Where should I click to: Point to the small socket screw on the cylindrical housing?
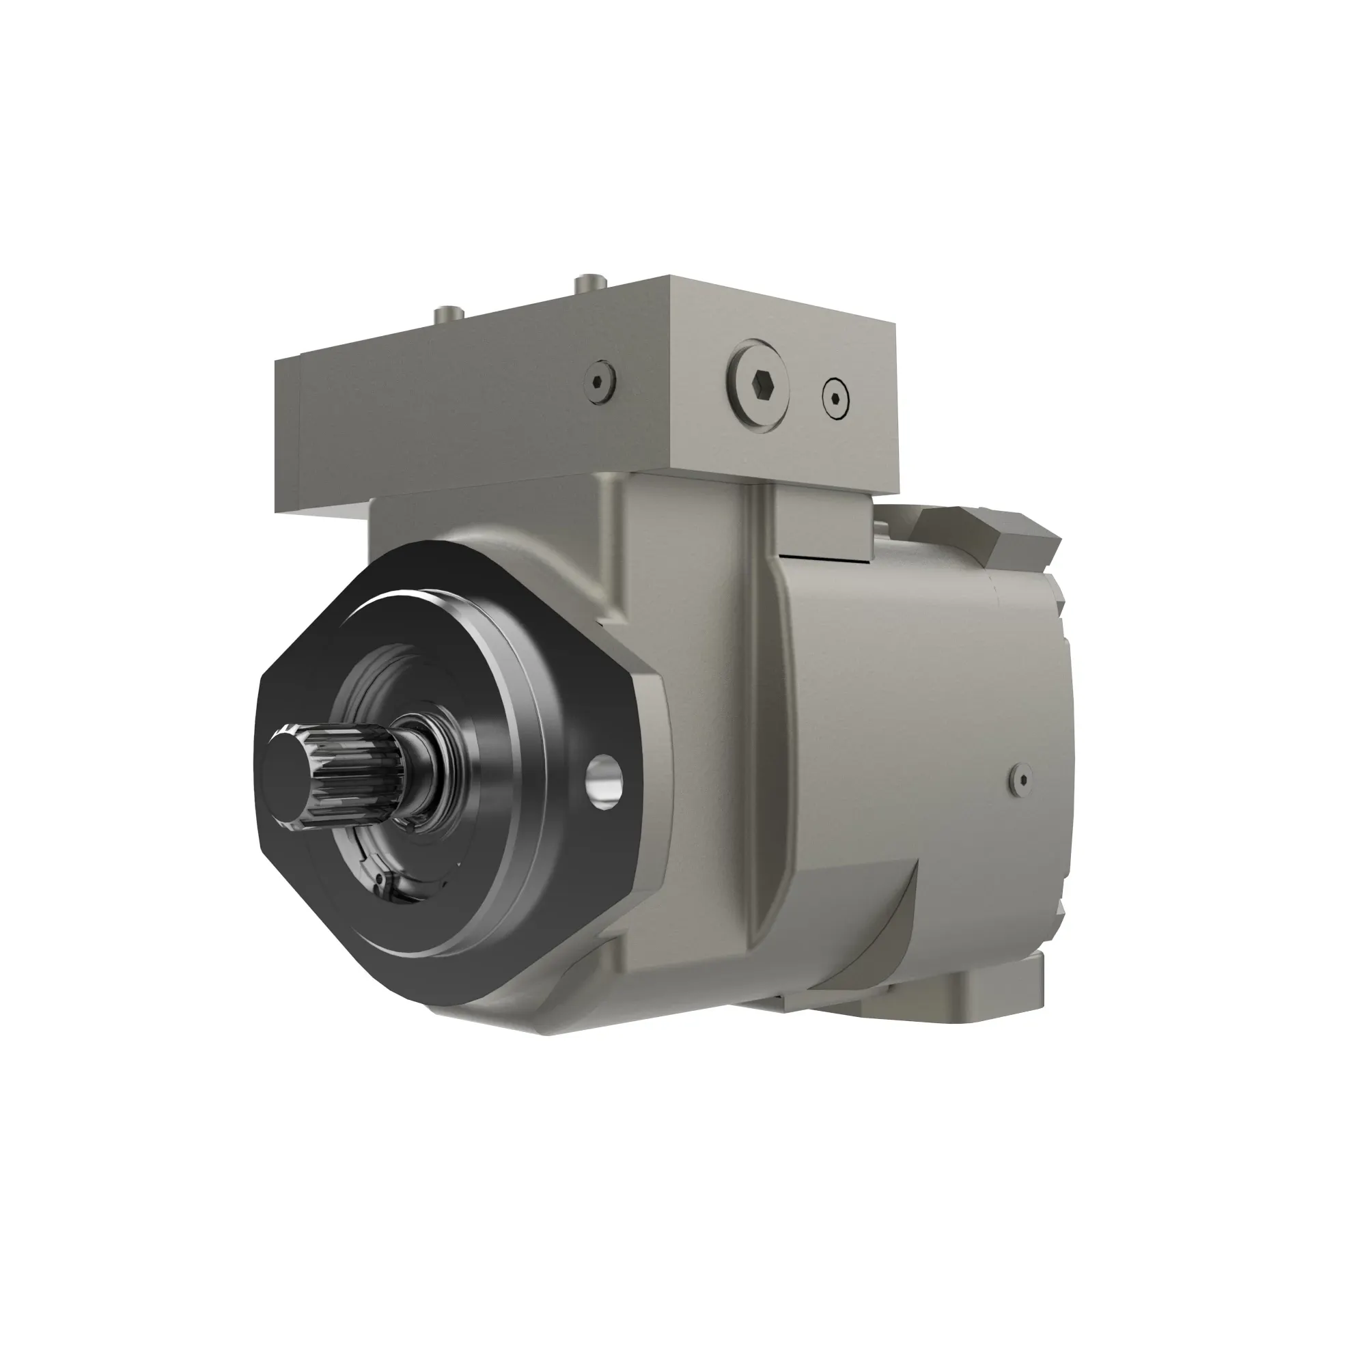tap(1021, 779)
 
